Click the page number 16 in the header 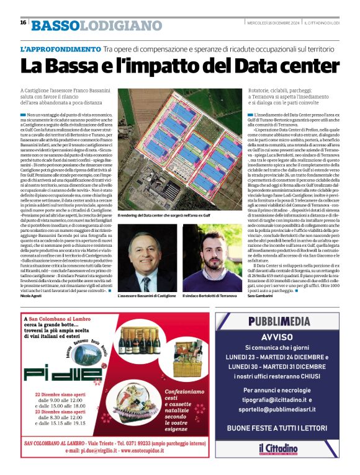(23, 22)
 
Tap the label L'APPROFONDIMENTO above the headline (60, 48)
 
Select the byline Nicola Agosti (32, 297)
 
